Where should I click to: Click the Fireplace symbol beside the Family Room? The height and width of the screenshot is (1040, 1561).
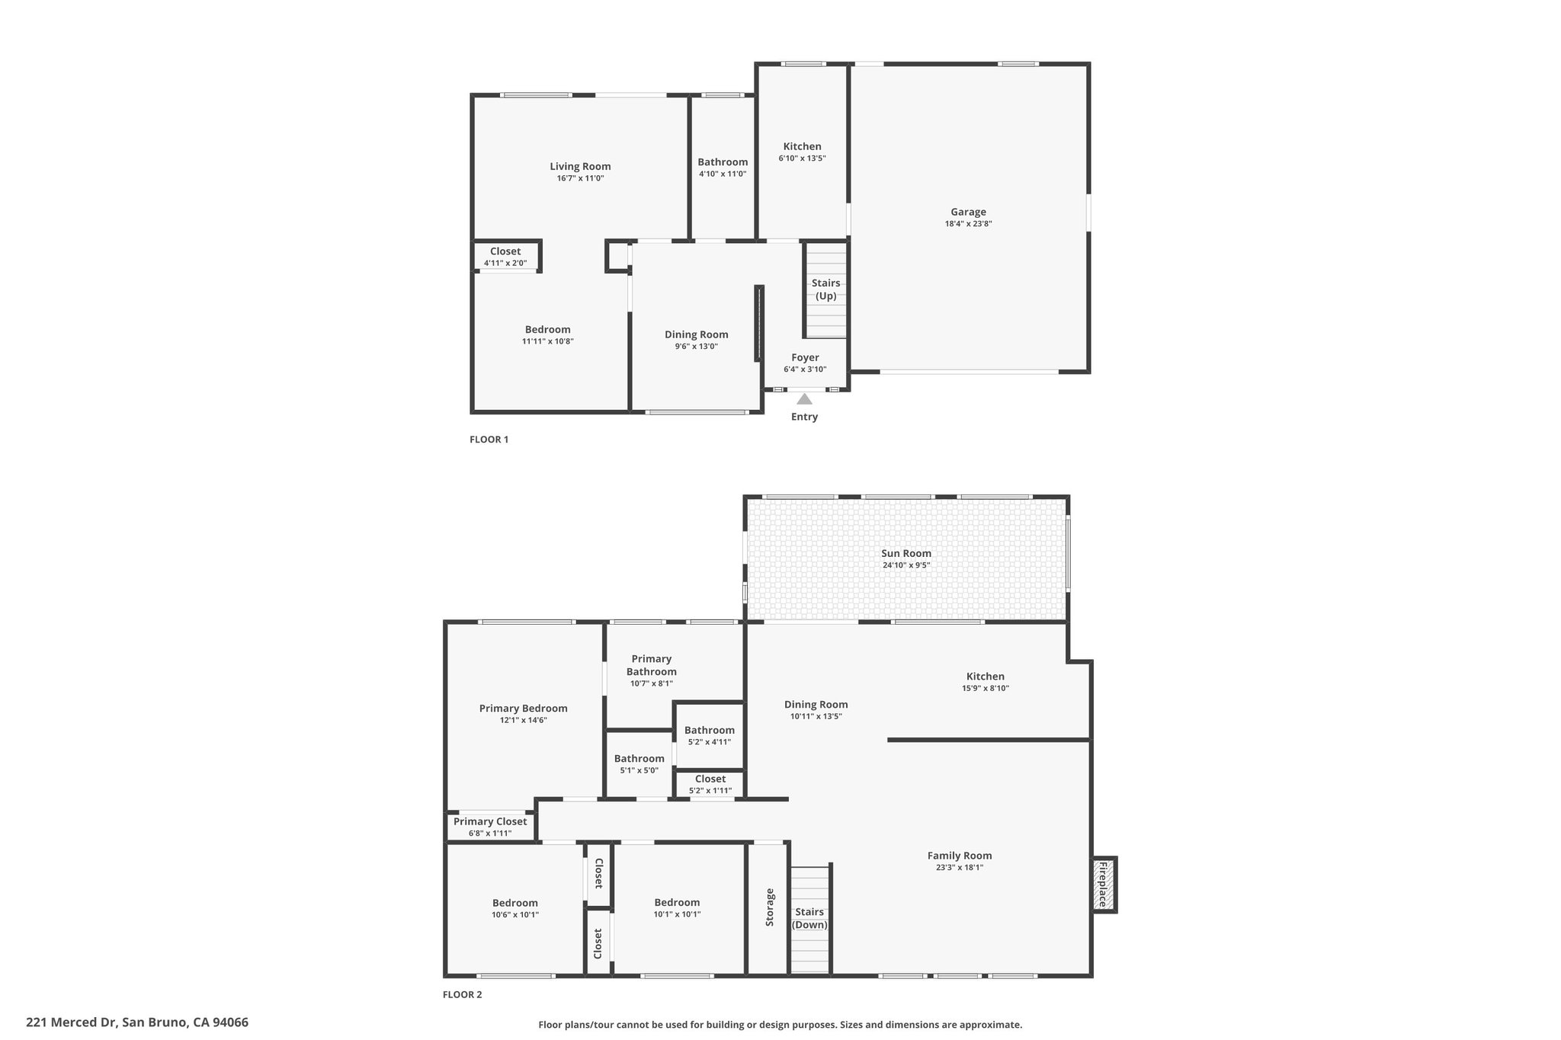click(1104, 885)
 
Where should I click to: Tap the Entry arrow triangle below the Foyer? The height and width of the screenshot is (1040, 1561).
click(804, 398)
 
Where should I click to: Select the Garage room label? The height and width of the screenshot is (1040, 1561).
click(968, 212)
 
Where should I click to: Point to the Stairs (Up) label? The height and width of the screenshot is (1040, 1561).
click(825, 290)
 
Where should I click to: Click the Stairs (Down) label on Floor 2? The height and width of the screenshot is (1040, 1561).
click(809, 918)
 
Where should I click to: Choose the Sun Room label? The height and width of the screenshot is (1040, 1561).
click(906, 553)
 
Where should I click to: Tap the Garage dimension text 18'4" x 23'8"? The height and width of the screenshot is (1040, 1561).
click(968, 224)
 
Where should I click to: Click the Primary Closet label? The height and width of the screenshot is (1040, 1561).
click(490, 821)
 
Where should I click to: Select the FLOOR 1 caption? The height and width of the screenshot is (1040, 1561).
click(489, 440)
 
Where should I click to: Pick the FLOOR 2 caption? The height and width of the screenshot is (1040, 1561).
click(463, 994)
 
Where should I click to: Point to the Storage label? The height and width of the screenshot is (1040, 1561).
click(770, 907)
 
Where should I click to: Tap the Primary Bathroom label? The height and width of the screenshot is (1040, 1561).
click(652, 665)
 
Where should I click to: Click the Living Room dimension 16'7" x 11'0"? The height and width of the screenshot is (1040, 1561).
click(580, 178)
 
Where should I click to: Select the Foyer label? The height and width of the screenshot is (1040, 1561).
click(805, 357)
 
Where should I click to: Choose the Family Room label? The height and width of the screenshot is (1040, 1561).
click(960, 856)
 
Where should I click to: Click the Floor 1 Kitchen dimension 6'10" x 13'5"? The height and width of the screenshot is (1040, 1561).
click(802, 158)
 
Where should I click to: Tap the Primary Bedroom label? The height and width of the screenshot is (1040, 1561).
click(523, 708)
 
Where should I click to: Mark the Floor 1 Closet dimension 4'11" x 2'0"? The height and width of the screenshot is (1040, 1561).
click(505, 264)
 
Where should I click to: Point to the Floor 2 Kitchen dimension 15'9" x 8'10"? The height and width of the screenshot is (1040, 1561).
click(986, 688)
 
